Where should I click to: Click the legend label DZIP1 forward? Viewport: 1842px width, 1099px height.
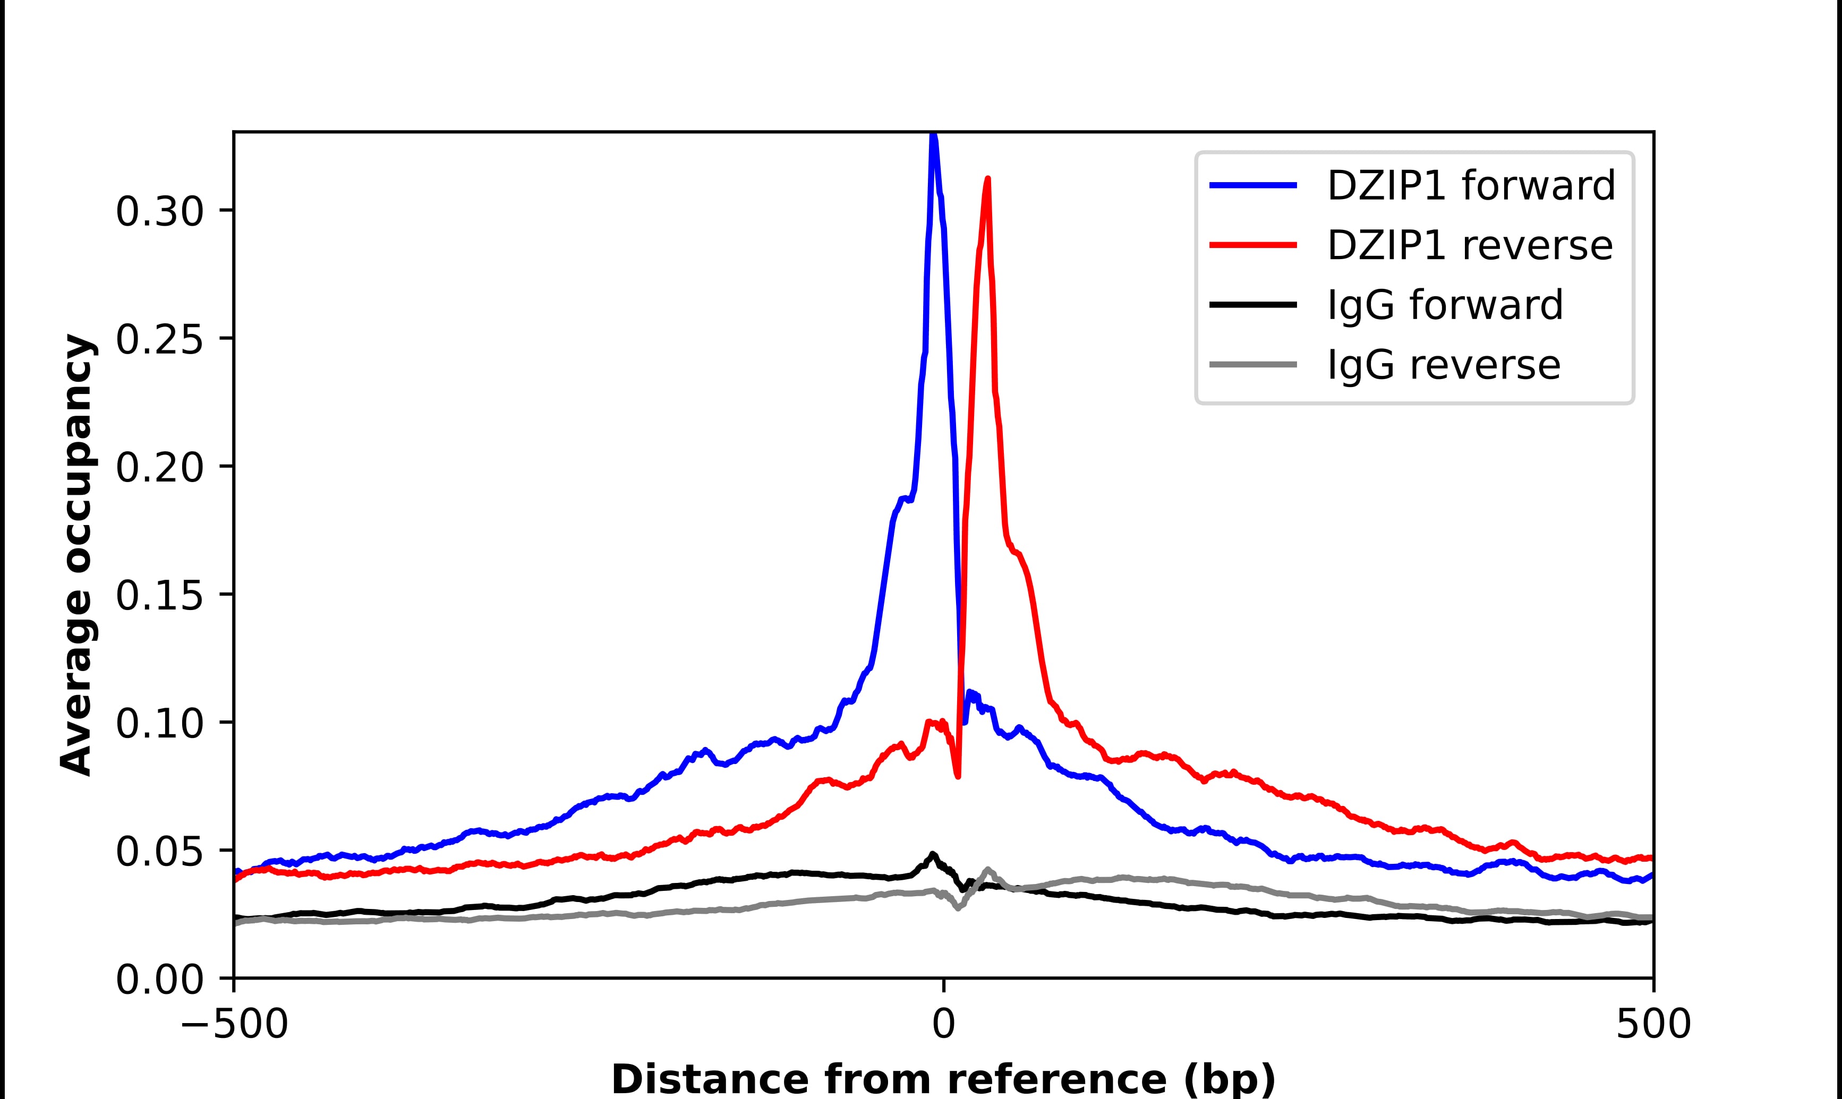1470,185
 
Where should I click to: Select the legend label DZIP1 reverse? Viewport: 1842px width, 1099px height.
1470,245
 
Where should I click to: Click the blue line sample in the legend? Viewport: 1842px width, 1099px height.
1253,185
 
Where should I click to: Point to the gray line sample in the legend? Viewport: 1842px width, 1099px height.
1253,364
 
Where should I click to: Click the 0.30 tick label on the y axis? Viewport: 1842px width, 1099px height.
159,212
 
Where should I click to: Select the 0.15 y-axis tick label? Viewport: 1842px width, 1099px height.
159,596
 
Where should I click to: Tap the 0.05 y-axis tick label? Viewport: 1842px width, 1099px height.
159,853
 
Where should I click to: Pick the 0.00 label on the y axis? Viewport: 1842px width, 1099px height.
159,981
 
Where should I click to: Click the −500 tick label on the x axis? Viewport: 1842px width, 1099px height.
234,1025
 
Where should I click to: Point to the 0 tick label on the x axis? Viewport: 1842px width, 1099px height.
943,1025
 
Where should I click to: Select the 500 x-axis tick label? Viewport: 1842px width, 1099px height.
1652,1025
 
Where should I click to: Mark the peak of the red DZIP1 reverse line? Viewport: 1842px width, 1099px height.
987,179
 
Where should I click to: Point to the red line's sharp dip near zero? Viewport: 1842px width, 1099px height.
958,775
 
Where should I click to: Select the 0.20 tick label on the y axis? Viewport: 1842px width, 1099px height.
159,469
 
